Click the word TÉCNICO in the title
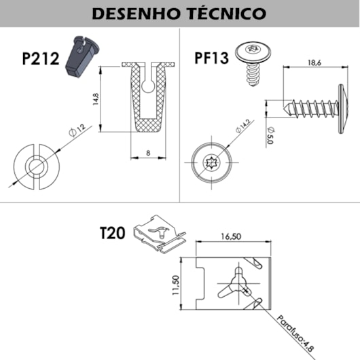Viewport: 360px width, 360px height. [x=223, y=13]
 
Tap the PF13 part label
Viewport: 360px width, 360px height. [x=211, y=57]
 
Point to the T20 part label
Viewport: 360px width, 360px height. [x=113, y=233]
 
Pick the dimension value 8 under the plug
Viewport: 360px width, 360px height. [x=147, y=154]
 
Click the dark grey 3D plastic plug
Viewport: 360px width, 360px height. [x=81, y=57]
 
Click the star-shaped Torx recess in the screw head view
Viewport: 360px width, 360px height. [x=211, y=162]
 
